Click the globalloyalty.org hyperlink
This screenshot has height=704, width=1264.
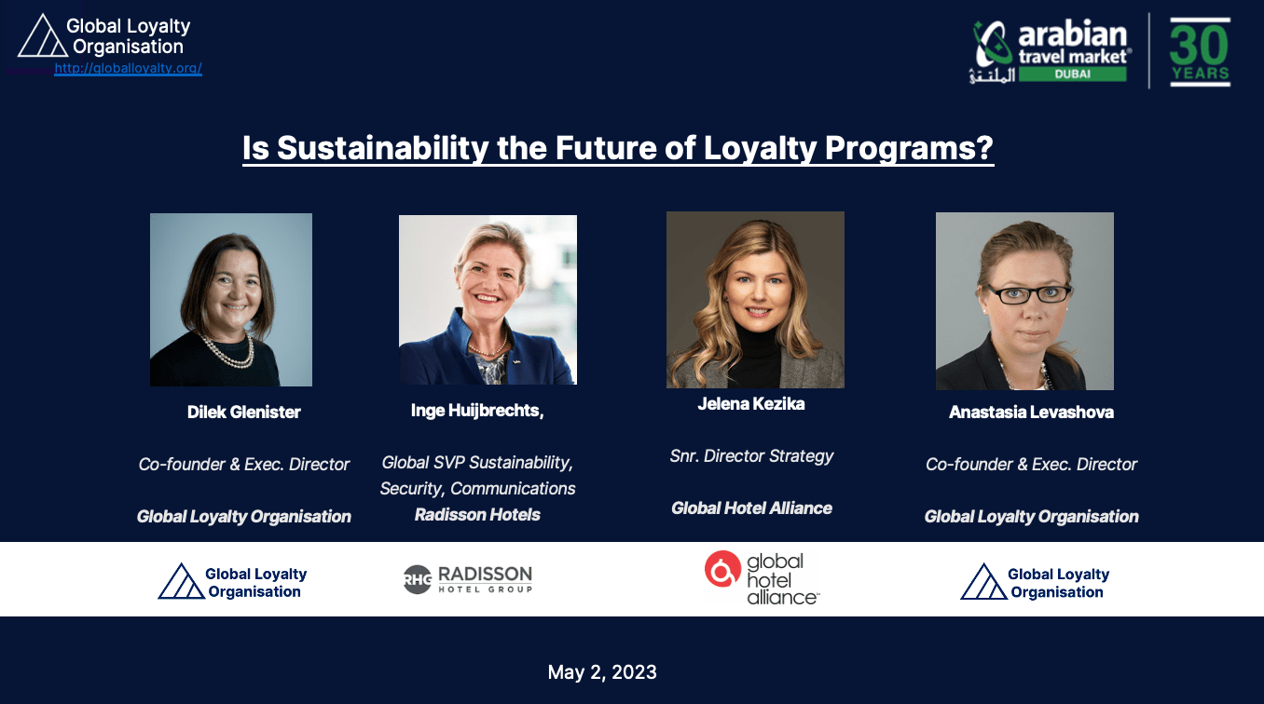click(x=128, y=68)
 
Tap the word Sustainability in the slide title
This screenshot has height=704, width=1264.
click(x=382, y=148)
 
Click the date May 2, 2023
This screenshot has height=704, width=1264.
click(x=602, y=671)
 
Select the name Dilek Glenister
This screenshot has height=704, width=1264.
click(x=244, y=412)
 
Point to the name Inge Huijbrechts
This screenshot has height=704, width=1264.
click(x=476, y=411)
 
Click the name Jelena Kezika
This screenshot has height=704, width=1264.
click(x=751, y=403)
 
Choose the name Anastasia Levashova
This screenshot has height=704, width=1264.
click(x=1032, y=412)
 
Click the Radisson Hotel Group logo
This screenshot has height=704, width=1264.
click(x=468, y=579)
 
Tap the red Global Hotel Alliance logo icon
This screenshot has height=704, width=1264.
click(x=722, y=569)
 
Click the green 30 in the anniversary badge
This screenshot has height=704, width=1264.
click(x=1200, y=45)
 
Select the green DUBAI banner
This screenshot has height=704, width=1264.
click(x=1072, y=74)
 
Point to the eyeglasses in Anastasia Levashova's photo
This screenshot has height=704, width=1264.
click(x=1028, y=293)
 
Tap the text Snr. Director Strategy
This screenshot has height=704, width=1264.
click(x=751, y=456)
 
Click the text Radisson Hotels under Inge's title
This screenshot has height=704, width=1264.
click(x=477, y=515)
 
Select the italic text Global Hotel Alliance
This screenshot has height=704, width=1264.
click(x=751, y=508)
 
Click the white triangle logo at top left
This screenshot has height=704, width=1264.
click(x=42, y=36)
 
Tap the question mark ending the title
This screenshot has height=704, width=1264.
click(x=983, y=148)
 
